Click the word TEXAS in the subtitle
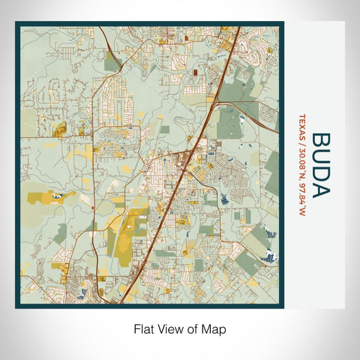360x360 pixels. pos(302,125)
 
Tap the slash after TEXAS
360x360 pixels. pos(302,139)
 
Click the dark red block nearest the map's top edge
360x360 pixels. pos(194,72)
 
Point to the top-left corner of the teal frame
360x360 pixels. pos(16,22)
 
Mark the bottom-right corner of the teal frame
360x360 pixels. pos(283,307)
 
